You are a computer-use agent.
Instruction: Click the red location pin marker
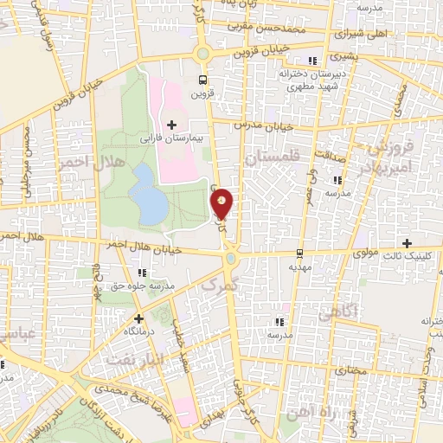223,203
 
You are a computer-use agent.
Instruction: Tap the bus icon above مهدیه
299,254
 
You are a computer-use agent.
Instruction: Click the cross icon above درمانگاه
138,318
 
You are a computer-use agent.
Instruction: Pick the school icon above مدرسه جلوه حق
141,273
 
